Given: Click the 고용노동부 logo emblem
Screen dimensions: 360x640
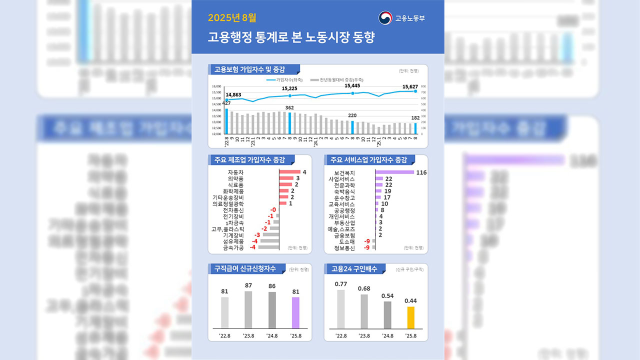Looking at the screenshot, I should (x=385, y=18).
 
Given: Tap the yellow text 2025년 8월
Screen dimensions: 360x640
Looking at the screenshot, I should (x=232, y=18).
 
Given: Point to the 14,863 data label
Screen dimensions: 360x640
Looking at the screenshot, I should (x=233, y=94).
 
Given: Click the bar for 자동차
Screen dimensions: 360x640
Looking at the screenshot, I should (x=289, y=172).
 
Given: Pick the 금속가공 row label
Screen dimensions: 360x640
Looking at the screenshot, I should (x=233, y=247).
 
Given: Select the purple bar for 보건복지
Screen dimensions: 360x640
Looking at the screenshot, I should (x=394, y=172).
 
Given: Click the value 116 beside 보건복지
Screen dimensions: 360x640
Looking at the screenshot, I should (x=421, y=172).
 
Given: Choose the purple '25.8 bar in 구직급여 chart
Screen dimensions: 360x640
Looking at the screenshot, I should (x=295, y=312).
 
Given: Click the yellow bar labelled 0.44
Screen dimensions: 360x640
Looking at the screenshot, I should (x=411, y=317).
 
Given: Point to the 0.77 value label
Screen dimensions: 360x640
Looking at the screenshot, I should (x=341, y=284).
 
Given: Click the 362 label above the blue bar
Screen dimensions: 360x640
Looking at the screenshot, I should (x=289, y=107).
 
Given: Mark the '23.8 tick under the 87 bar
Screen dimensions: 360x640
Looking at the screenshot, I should (x=248, y=335).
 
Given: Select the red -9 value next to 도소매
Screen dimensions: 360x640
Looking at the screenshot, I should (x=367, y=241).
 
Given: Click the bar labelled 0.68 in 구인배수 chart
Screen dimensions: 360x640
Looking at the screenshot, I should (x=364, y=311).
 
